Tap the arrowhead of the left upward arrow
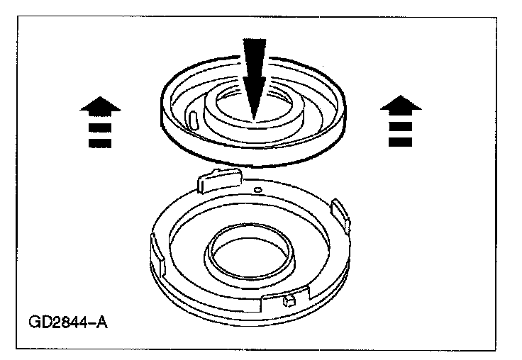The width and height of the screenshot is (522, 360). (x=101, y=106)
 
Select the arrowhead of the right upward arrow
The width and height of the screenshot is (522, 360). (x=401, y=106)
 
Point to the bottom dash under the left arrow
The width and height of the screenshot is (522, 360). (x=101, y=142)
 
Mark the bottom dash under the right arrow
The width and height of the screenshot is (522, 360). (x=401, y=142)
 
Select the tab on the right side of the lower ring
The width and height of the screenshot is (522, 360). (x=341, y=213)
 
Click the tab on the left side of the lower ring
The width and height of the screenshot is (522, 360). (x=157, y=252)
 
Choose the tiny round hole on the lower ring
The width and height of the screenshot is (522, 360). (x=260, y=190)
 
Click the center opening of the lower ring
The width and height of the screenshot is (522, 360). (x=250, y=251)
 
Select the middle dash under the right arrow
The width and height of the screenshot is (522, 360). (x=401, y=128)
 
